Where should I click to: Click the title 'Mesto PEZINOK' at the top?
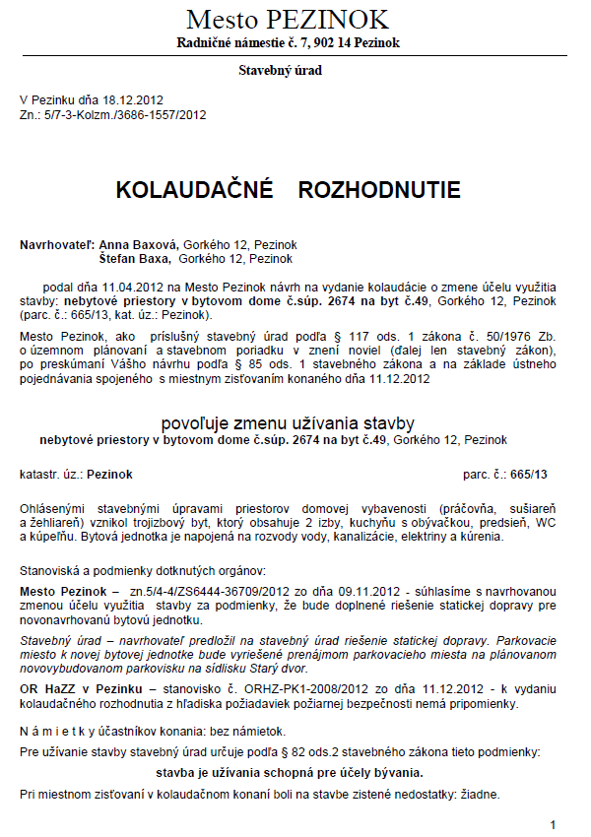(288, 19)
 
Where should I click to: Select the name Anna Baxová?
(134, 244)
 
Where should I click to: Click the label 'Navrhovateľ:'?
(57, 244)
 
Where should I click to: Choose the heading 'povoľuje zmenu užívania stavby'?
(288, 423)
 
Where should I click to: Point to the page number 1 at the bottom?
(554, 824)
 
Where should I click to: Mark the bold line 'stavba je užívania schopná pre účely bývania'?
(290, 773)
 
